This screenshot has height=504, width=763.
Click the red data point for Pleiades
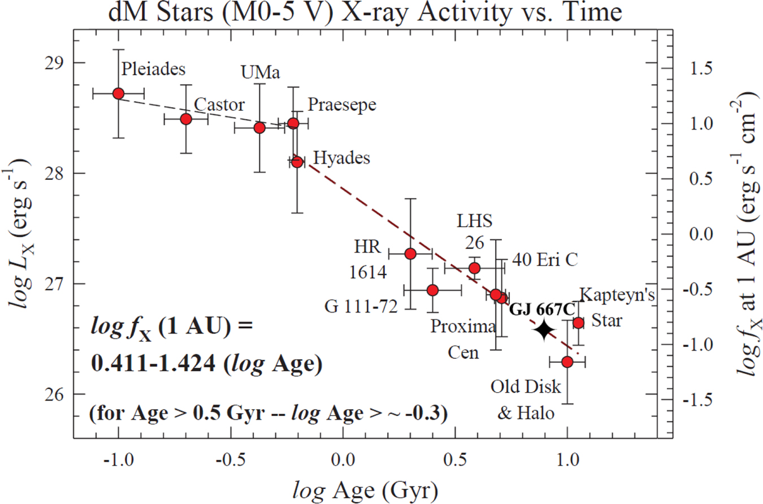pyautogui.click(x=118, y=93)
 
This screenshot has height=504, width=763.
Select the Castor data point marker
pyautogui.click(x=185, y=119)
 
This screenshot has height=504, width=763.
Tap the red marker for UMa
pyautogui.click(x=259, y=128)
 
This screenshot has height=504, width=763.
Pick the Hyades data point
pyautogui.click(x=297, y=162)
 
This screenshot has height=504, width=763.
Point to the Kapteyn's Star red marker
pyautogui.click(x=578, y=323)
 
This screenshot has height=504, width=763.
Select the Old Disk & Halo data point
pyautogui.click(x=567, y=361)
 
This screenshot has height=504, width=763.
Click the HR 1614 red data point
pyautogui.click(x=410, y=253)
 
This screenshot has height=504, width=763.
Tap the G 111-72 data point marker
pyautogui.click(x=432, y=290)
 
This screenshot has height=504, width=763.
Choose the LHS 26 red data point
pyautogui.click(x=475, y=267)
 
